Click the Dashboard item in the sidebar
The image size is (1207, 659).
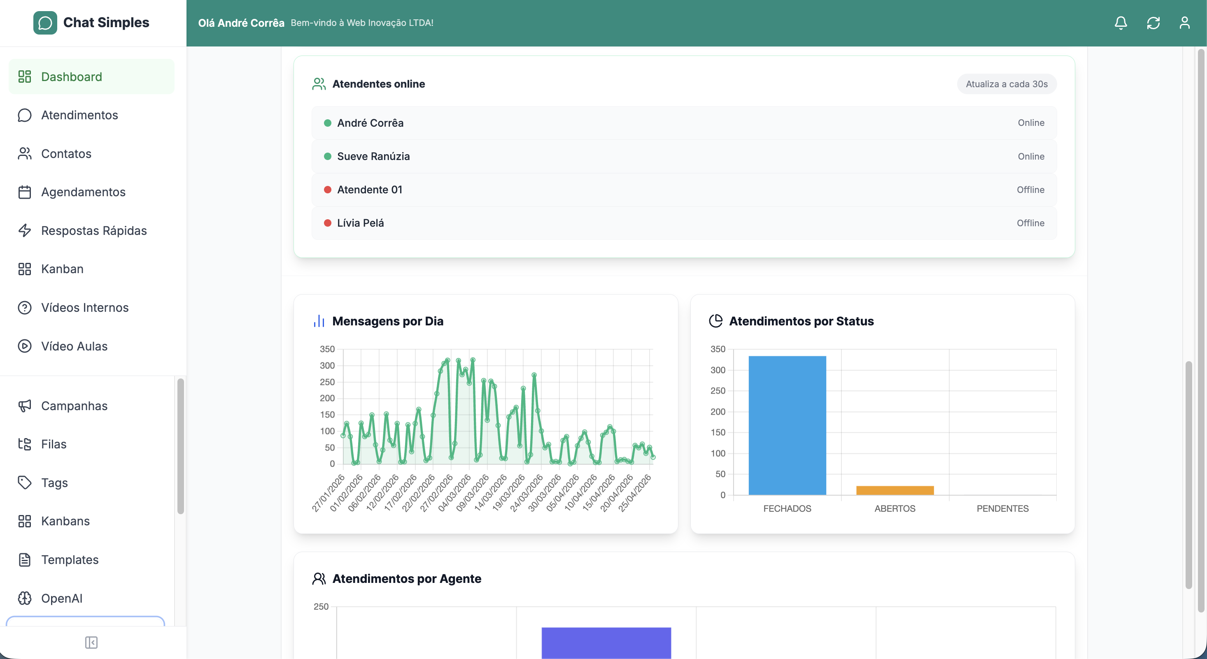tap(71, 77)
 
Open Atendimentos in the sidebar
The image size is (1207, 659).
tap(79, 115)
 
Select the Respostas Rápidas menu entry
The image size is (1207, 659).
tap(94, 230)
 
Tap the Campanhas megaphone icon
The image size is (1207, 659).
tap(24, 406)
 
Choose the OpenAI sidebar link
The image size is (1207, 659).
tap(61, 598)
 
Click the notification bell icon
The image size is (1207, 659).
tap(1120, 23)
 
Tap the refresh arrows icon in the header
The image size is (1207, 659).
tap(1153, 23)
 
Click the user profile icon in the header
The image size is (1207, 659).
tap(1184, 23)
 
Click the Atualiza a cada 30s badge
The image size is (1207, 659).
tap(1007, 84)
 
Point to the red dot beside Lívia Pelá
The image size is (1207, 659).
tap(328, 223)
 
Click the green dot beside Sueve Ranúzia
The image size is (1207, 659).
tap(328, 156)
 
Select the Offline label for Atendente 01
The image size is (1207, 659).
tap(1030, 190)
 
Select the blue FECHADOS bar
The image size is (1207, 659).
tap(787, 425)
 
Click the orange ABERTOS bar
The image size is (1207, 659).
tap(895, 490)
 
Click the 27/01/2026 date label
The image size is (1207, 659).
tap(328, 493)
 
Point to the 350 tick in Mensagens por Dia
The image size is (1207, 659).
tap(327, 349)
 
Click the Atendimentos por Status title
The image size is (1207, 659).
tap(801, 321)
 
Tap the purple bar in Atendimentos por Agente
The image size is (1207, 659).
tap(606, 643)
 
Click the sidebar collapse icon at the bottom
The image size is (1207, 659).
tap(91, 643)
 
